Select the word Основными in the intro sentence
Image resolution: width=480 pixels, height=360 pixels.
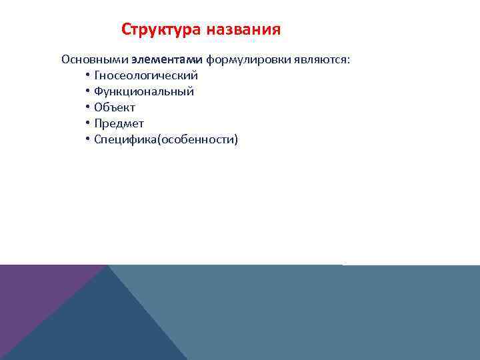(x=99, y=59)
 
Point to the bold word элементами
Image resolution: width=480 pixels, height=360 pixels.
(x=171, y=59)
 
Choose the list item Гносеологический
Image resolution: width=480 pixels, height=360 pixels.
(x=146, y=75)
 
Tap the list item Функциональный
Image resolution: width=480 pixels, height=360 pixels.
(x=144, y=91)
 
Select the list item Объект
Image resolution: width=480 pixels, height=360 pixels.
(x=115, y=107)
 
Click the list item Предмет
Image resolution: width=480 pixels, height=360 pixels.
(x=119, y=123)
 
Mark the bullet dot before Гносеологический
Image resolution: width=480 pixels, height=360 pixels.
(x=88, y=75)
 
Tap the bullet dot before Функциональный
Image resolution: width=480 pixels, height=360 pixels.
(x=88, y=91)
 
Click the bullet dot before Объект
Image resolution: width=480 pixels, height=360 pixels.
(x=88, y=107)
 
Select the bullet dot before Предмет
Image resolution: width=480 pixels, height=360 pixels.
(x=88, y=123)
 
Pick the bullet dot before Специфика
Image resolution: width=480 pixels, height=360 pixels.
(x=88, y=139)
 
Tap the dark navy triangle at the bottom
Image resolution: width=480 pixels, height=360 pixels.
(x=107, y=327)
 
